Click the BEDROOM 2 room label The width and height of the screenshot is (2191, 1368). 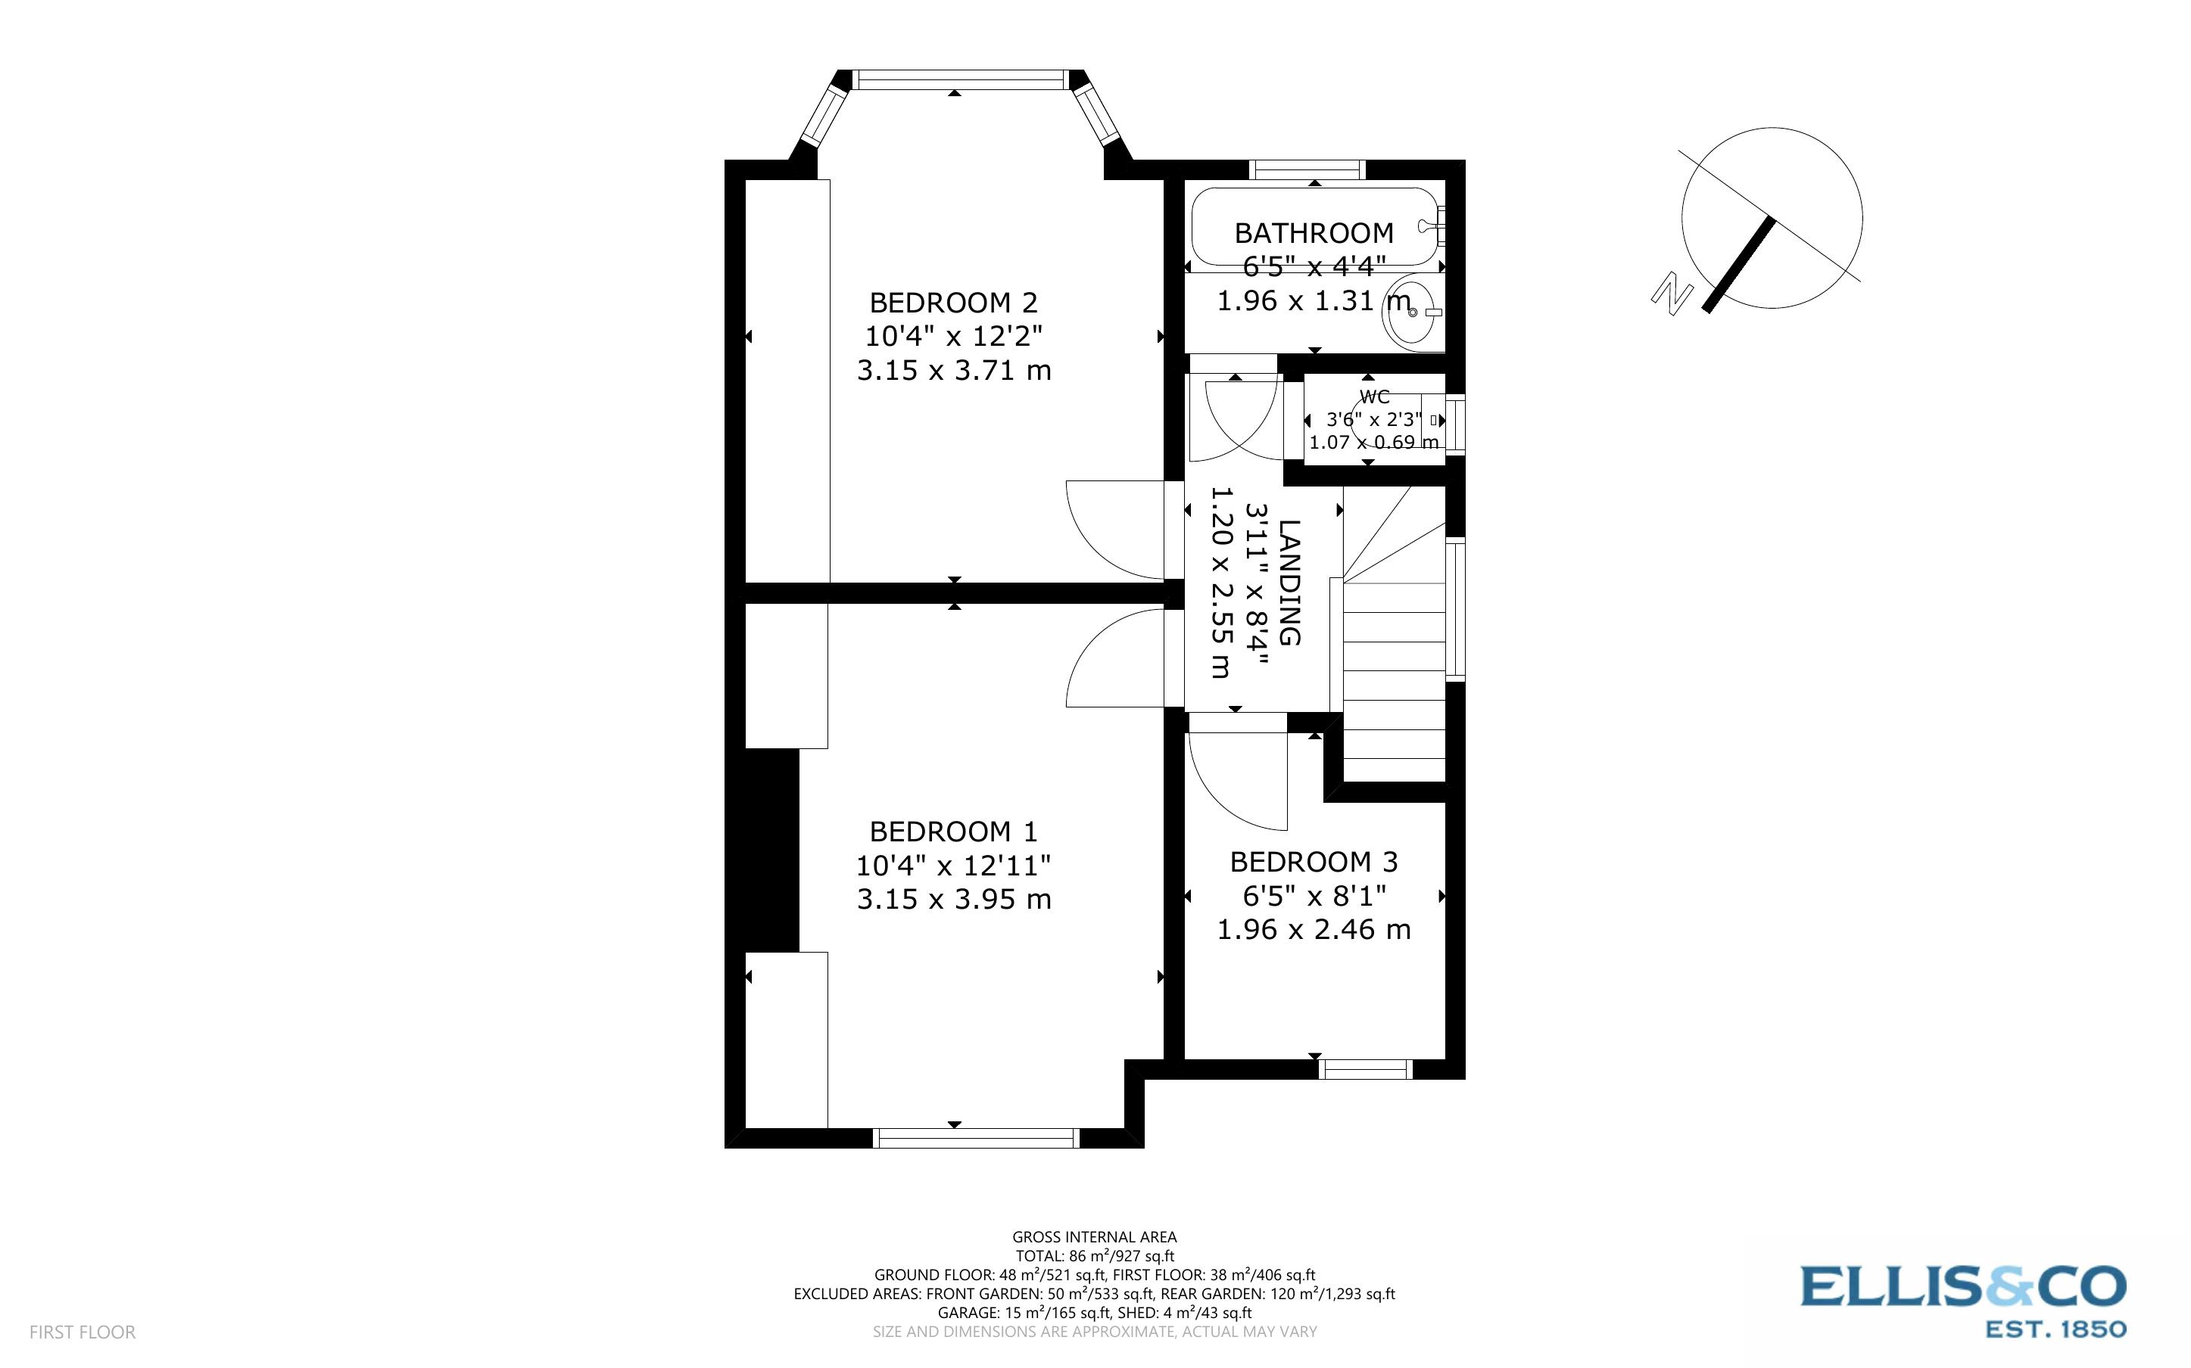click(x=953, y=302)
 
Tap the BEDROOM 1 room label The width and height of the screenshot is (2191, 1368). click(x=953, y=832)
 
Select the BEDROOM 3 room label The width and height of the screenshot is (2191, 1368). click(x=1313, y=863)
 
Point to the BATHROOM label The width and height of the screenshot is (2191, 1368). click(x=1313, y=234)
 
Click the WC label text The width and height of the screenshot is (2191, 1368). click(x=1374, y=397)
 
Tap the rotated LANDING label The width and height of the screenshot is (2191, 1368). click(x=1289, y=583)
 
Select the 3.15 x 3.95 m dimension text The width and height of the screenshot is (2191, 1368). click(x=953, y=900)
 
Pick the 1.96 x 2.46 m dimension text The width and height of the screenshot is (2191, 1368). click(x=1313, y=930)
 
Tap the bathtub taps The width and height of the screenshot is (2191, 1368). click(x=1433, y=222)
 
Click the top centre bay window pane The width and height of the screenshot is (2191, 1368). click(x=959, y=80)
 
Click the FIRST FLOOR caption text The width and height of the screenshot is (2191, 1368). click(x=83, y=1332)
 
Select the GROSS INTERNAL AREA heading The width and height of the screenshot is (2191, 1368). click(x=1093, y=1237)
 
